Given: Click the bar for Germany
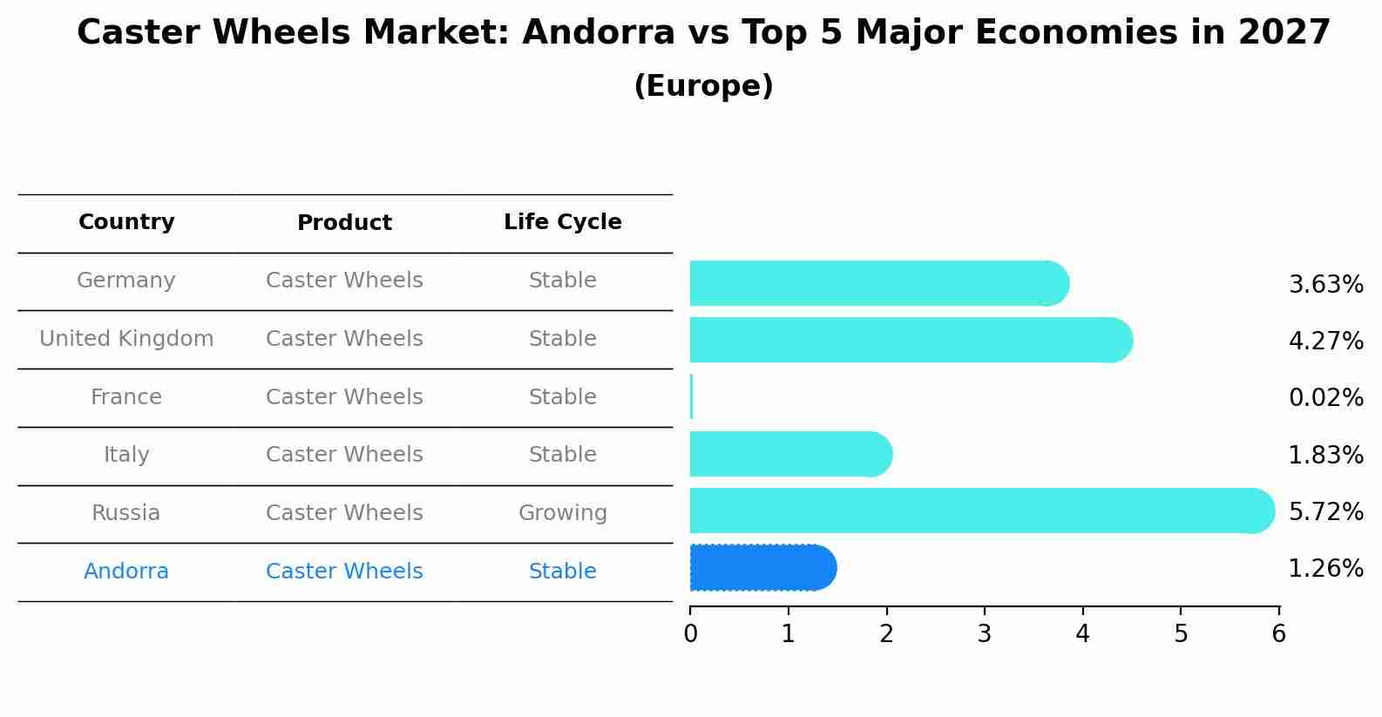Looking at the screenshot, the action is point(879,283).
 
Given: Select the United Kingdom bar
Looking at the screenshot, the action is point(911,340).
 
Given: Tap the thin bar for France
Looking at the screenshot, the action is point(692,396).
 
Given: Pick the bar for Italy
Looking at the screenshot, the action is point(791,454).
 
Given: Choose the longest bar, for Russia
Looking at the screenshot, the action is point(982,511).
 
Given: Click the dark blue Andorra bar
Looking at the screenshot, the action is point(763,568).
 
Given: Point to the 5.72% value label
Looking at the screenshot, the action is point(1326,511).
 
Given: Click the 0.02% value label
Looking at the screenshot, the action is point(1326,397).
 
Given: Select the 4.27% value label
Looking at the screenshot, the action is point(1326,341).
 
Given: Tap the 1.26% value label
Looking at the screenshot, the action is point(1326,568).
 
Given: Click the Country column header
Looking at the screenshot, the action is point(126,222).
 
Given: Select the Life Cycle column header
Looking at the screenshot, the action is point(563,222).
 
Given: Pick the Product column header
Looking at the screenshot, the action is point(344,222).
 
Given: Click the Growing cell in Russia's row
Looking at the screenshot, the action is point(563,513).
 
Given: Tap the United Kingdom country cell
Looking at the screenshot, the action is point(126,339).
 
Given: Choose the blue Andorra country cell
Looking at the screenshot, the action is point(126,572).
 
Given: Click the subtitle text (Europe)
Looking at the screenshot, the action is point(703,85).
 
